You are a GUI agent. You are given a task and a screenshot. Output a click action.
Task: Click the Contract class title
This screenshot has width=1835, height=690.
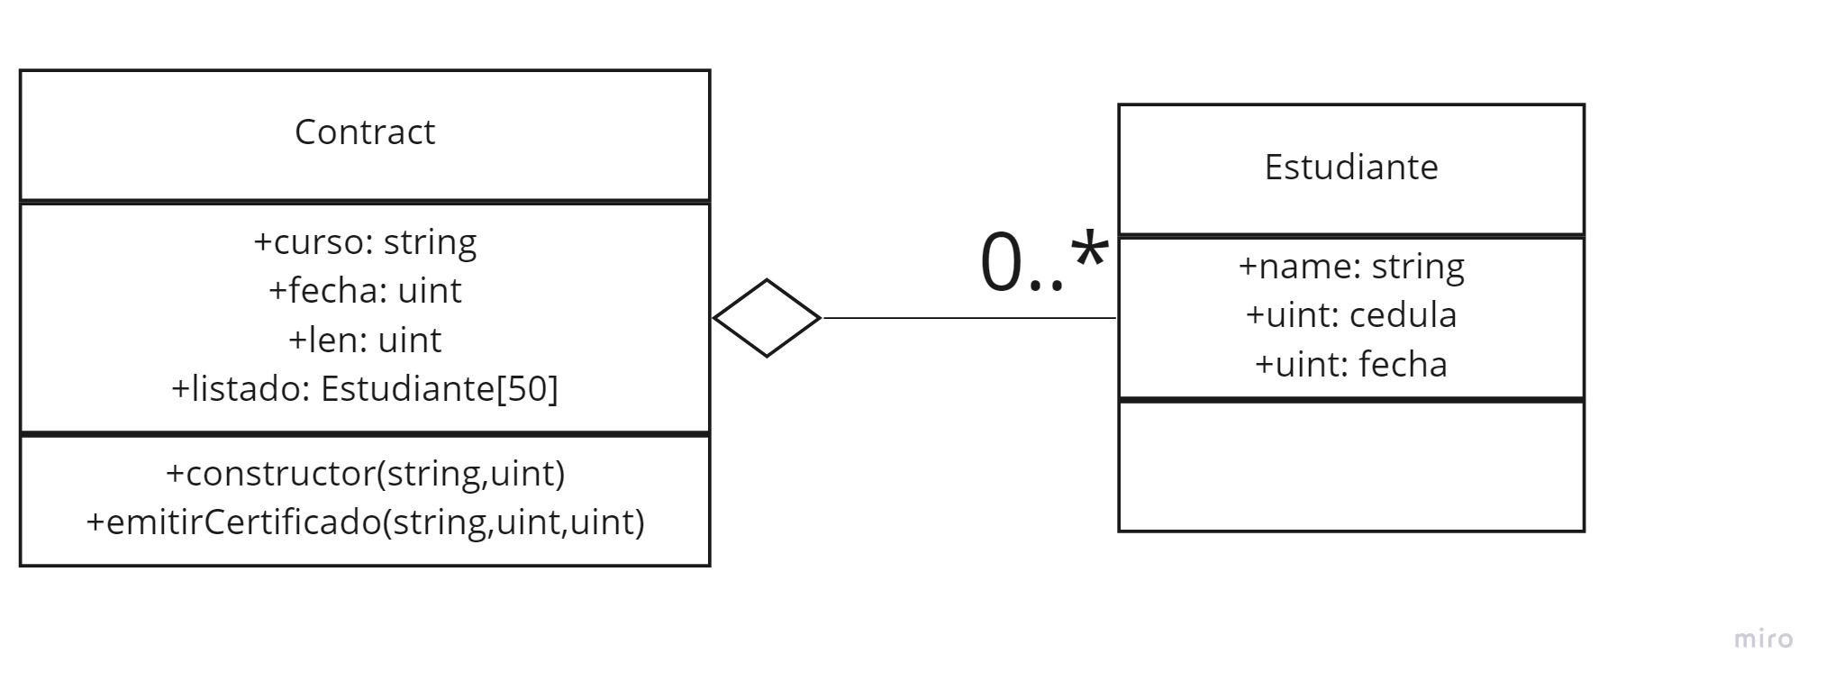tap(364, 132)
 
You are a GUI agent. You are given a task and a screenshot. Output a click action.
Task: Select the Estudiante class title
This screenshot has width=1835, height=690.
tap(1350, 168)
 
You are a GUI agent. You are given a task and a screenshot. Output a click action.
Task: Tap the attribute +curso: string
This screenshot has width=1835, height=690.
tap(365, 242)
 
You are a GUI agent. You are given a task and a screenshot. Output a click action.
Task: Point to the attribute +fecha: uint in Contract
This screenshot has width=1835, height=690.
tap(365, 291)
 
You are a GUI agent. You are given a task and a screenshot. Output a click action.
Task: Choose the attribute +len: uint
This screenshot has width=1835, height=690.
tap(365, 340)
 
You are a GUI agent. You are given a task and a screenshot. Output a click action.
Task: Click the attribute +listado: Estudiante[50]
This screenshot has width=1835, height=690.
tap(365, 389)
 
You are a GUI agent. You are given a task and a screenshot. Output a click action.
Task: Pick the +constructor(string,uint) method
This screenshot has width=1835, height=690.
tap(365, 474)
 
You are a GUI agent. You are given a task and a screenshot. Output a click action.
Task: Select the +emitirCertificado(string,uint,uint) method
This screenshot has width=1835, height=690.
tap(365, 522)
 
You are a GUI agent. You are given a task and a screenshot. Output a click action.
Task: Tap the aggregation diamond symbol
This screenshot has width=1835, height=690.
tap(767, 318)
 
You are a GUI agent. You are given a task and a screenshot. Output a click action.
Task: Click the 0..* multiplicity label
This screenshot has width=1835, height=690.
tap(1042, 262)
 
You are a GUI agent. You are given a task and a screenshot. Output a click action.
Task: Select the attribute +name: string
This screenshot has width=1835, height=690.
tap(1350, 267)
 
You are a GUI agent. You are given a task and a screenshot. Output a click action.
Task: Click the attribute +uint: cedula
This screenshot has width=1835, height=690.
tap(1350, 315)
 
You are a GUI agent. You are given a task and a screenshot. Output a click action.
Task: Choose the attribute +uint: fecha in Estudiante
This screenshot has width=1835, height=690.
tap(1350, 365)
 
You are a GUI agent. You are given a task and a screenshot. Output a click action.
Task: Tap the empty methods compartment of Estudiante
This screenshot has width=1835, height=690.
tap(1350, 466)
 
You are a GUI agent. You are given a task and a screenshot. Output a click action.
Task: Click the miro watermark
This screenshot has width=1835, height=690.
tap(1763, 640)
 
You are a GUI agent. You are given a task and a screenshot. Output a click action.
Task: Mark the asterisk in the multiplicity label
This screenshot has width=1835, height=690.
tap(1088, 251)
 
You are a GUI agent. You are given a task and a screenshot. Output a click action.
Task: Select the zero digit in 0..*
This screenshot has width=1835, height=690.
tap(1001, 263)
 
